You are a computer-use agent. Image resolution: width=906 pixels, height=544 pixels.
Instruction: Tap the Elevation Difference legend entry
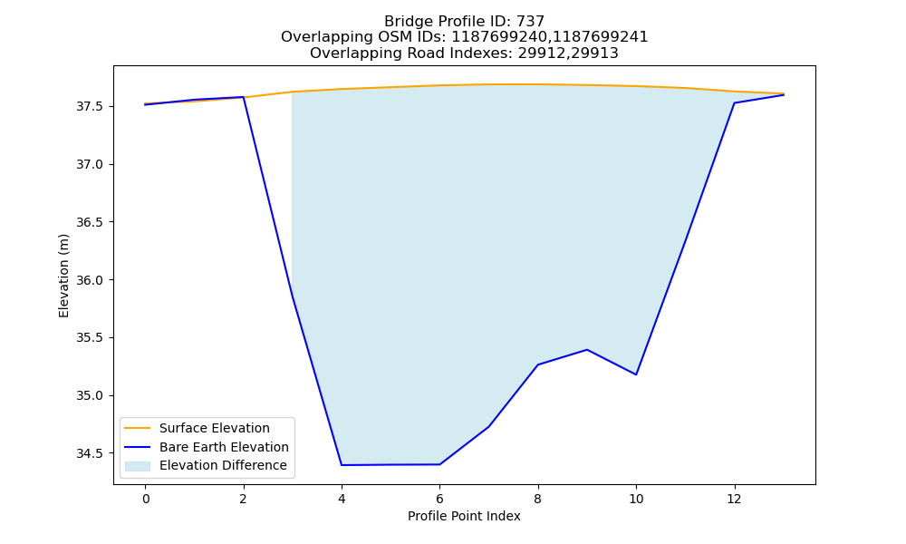(206, 465)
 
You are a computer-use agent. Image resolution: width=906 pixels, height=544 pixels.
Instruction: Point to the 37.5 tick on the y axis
(89, 107)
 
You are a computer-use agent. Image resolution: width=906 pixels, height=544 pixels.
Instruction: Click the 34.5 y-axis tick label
(89, 454)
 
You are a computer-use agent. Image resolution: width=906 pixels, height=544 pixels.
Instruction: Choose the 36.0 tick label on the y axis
(89, 280)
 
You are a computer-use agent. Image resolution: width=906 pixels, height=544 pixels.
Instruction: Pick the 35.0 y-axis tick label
(89, 396)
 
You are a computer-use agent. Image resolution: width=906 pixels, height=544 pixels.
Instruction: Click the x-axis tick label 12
(735, 499)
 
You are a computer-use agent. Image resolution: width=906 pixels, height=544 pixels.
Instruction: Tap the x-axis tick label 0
(146, 499)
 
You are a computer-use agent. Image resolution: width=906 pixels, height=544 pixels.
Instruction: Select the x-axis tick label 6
(439, 499)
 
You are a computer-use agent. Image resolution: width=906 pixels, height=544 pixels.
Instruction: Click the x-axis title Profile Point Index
(464, 516)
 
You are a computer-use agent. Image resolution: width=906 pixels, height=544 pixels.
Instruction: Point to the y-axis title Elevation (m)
(63, 276)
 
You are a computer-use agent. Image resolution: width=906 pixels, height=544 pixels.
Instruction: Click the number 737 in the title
(531, 22)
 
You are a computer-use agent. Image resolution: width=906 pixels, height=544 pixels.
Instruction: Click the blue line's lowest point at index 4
(342, 465)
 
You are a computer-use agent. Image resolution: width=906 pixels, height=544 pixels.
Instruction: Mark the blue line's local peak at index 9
(587, 350)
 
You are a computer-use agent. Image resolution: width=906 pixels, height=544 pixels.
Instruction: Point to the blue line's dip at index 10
(636, 374)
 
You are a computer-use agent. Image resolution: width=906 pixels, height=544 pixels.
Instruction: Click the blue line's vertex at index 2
(243, 97)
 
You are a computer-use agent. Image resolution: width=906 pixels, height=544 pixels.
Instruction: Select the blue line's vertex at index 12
(735, 102)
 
